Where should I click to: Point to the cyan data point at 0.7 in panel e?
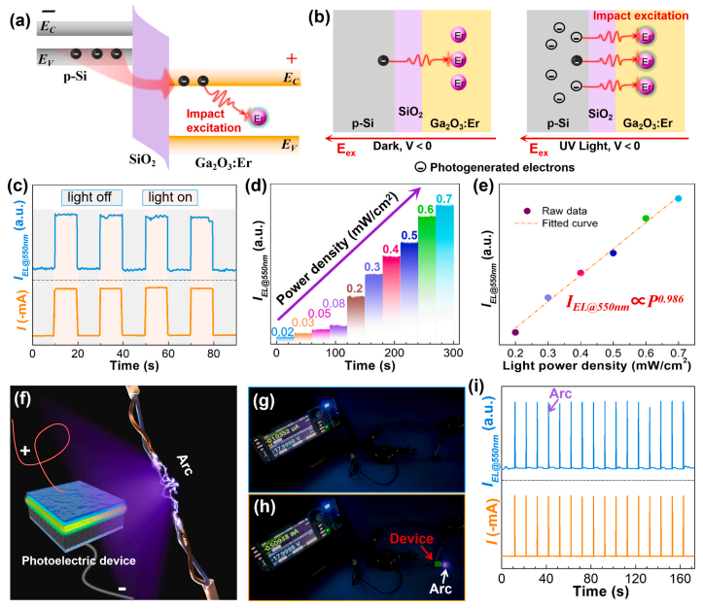[678, 199]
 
